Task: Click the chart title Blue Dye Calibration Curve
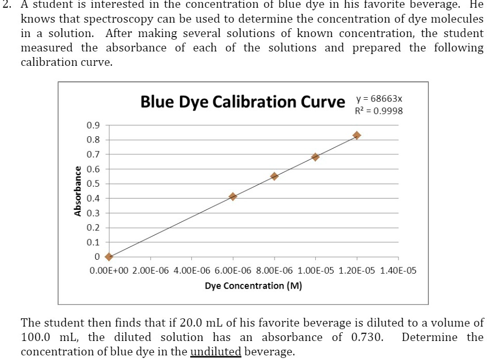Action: [x=243, y=102]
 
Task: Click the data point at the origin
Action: [x=109, y=257]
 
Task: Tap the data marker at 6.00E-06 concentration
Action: [x=233, y=196]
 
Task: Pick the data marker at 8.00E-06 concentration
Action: [x=274, y=176]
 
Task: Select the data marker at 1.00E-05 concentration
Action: [x=315, y=157]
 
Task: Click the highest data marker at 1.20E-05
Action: [x=356, y=135]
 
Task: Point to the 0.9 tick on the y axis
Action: [x=93, y=125]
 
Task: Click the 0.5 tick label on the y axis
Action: [x=93, y=184]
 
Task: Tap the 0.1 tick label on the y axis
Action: [x=93, y=242]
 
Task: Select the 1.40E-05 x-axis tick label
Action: [x=398, y=270]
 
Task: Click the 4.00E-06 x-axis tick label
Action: [x=192, y=270]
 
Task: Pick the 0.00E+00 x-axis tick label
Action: [x=109, y=270]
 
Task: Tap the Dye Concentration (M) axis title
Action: [x=253, y=286]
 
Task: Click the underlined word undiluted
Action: [x=216, y=352]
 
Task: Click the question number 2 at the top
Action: [x=5, y=5]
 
